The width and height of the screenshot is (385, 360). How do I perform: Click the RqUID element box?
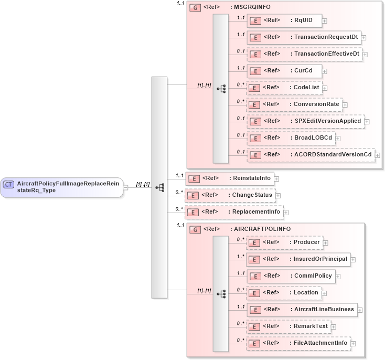coord(284,20)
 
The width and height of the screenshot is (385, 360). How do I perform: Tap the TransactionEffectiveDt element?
coord(304,54)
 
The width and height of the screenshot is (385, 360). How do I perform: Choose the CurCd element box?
coord(284,70)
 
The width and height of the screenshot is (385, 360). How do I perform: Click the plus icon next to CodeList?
coord(325,88)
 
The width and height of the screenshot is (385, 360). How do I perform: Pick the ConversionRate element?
coord(294,104)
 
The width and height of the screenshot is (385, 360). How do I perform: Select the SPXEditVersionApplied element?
coord(305,121)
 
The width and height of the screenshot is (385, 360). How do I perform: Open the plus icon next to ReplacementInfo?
coord(286,213)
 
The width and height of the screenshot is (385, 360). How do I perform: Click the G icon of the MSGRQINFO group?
coord(194,8)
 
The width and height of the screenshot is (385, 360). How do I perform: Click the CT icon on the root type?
coord(9,184)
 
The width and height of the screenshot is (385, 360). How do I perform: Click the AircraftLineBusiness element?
coord(302,309)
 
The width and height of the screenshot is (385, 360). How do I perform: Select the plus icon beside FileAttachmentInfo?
coord(354,344)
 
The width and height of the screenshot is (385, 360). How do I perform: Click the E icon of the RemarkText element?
coord(254,326)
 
